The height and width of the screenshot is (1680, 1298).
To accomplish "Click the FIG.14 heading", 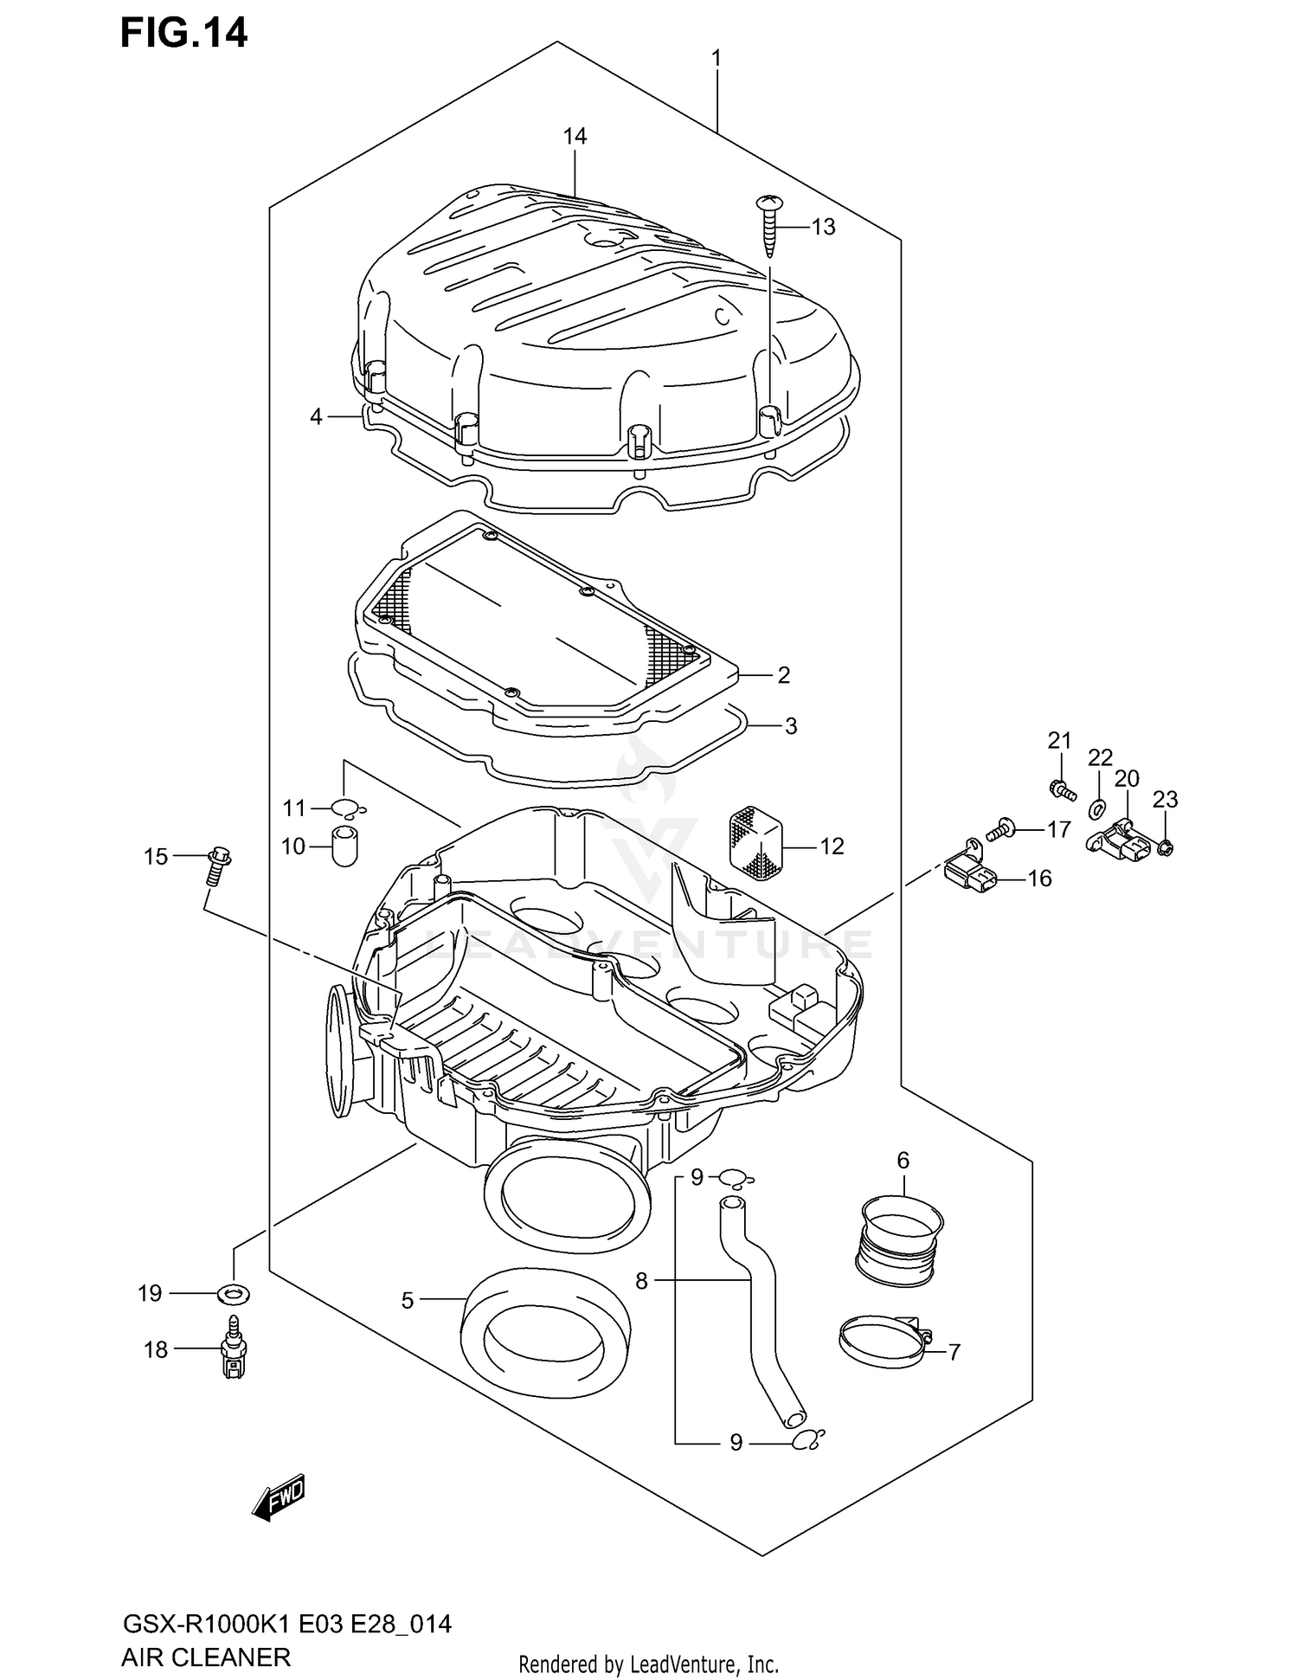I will tap(183, 33).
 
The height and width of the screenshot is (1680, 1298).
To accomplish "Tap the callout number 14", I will tap(575, 136).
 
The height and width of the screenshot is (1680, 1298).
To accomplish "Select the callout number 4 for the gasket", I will tap(316, 417).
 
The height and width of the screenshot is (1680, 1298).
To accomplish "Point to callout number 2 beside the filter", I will tap(783, 674).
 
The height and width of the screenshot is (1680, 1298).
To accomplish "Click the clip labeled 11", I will tap(346, 808).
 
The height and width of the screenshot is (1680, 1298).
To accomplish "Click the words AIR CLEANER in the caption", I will tap(205, 1657).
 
